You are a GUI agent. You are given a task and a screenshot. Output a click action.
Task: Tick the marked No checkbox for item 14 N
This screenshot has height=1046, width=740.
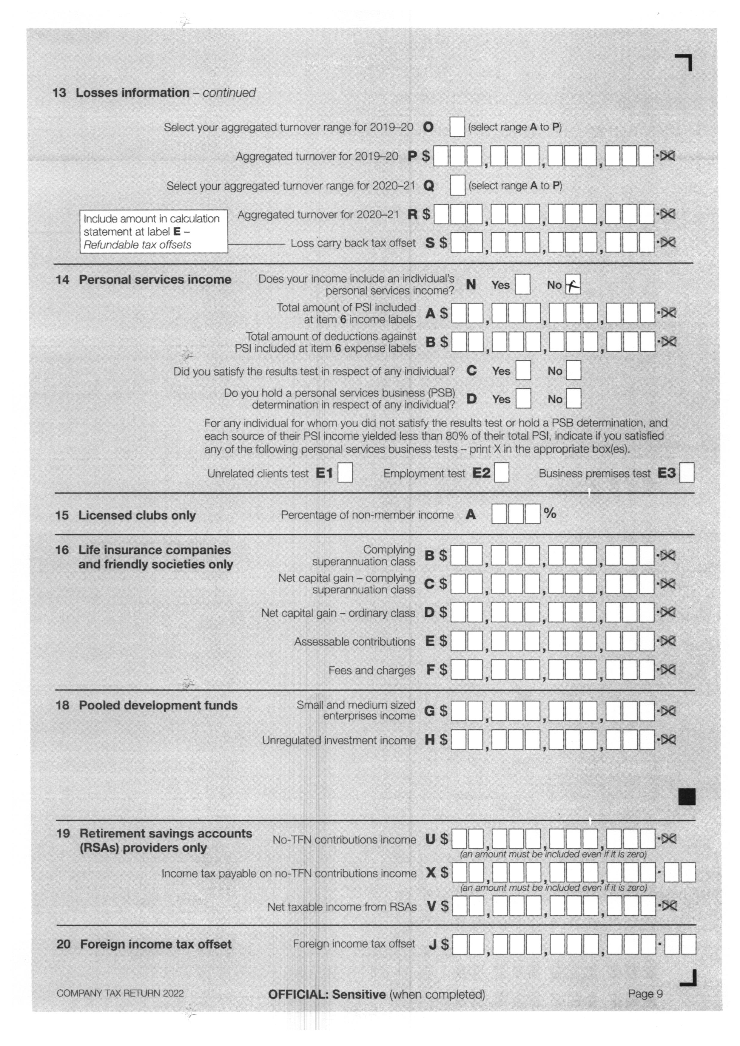(572, 285)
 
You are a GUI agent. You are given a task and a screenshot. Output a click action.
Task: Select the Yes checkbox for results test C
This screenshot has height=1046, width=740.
(523, 370)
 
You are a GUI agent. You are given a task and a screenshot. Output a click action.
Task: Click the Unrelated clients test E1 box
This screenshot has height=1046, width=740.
(345, 472)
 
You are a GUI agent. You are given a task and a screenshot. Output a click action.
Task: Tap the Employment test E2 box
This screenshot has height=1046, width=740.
(502, 472)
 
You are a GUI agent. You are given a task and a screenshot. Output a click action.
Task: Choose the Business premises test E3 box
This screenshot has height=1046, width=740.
(686, 472)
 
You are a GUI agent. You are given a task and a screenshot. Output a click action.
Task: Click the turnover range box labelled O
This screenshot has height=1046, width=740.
(457, 127)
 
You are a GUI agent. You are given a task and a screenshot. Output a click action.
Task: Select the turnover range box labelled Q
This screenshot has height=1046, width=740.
(457, 186)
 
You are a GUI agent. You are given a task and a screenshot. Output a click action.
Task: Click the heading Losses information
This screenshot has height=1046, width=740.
(132, 93)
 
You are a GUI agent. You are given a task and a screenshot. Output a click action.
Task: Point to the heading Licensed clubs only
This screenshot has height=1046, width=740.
(137, 515)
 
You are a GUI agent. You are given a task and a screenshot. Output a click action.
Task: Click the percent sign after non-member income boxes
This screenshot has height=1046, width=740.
(550, 513)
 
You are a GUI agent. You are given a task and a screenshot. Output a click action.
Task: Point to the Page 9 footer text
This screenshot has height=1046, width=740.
(645, 994)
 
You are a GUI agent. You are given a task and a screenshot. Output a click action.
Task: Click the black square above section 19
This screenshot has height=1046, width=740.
(687, 797)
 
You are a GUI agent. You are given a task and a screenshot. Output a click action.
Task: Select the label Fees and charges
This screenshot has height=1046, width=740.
(372, 670)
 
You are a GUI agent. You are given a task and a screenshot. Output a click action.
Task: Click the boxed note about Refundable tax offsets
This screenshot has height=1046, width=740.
(154, 231)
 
